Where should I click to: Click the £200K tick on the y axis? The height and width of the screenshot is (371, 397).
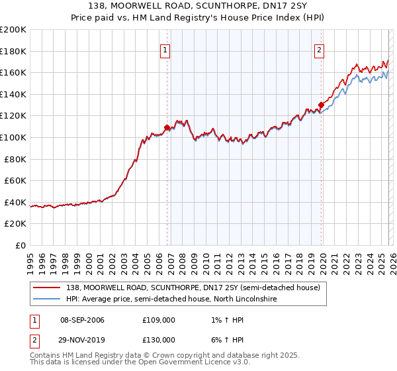(x=13, y=30)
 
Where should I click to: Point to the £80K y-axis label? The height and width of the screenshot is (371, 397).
(x=15, y=159)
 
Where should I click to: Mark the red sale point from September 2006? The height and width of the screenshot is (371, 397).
(x=167, y=127)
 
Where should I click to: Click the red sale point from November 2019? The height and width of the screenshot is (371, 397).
(x=321, y=105)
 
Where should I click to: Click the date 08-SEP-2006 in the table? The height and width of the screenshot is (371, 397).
(x=82, y=321)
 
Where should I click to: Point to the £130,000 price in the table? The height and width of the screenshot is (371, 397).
(x=159, y=339)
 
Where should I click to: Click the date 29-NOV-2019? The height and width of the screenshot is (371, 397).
(x=82, y=339)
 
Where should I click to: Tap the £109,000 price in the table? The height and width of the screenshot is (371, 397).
(x=159, y=321)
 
